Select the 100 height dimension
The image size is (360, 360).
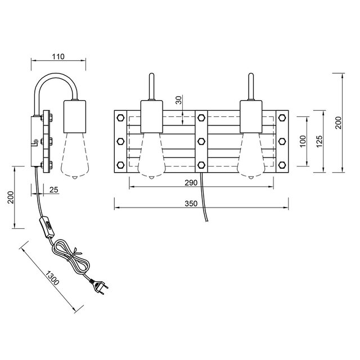[302, 141]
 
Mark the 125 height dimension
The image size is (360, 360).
[318, 141]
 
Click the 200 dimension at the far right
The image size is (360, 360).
[337, 123]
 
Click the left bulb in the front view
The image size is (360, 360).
[151, 155]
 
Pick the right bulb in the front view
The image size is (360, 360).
[250, 155]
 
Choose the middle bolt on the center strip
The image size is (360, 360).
[201, 142]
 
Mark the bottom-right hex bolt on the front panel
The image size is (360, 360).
[281, 165]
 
